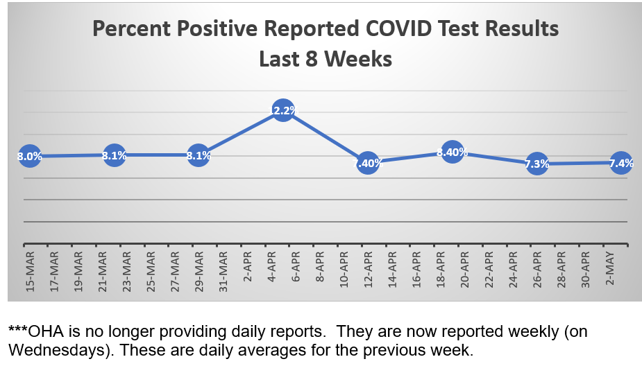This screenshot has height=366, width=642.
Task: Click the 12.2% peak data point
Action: click(x=282, y=110)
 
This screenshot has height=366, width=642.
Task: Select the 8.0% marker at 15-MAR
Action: click(x=30, y=156)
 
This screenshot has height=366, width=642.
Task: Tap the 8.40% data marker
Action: click(x=452, y=152)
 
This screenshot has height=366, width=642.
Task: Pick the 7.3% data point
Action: click(x=537, y=164)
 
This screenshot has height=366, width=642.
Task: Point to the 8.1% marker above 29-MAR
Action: click(x=198, y=155)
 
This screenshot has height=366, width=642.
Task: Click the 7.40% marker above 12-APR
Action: click(x=368, y=163)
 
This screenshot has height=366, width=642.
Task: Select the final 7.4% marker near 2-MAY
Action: click(x=620, y=163)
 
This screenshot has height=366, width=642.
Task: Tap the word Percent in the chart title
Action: click(x=128, y=30)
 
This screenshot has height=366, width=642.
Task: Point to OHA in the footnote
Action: click(x=45, y=332)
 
